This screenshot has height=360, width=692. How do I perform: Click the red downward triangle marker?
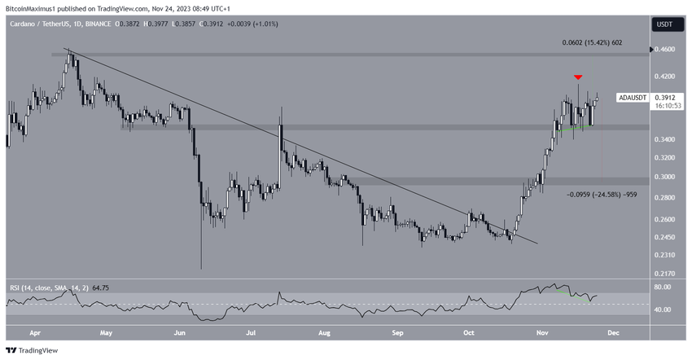point(578,77)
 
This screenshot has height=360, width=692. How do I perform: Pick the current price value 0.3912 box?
point(666,96)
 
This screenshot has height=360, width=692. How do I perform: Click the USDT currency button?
point(664,24)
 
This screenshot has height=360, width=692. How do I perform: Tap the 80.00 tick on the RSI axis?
point(664,288)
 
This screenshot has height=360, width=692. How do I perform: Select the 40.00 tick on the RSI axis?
point(664,310)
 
